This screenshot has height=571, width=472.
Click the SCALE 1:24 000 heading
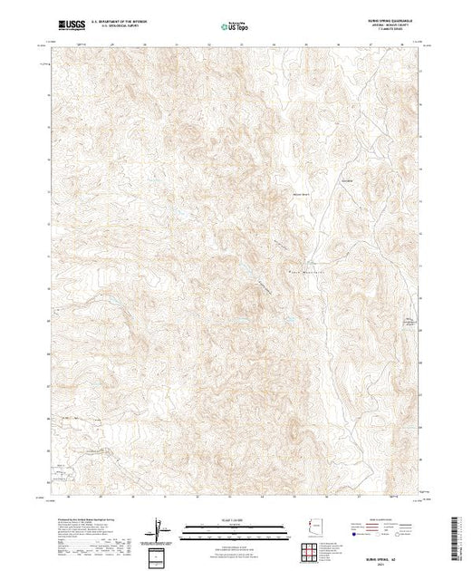[236, 521]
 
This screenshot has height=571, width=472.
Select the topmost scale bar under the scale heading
[236, 527]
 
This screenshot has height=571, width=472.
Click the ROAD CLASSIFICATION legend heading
[384, 520]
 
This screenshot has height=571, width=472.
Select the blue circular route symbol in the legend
[349, 537]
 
